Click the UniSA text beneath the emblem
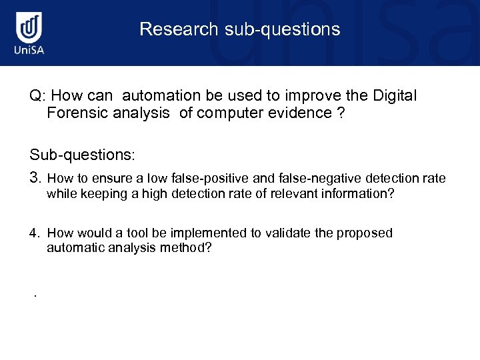point(28,51)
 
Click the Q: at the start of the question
point(37,96)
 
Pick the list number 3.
point(36,178)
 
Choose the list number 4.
point(35,233)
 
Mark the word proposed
point(365,233)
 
